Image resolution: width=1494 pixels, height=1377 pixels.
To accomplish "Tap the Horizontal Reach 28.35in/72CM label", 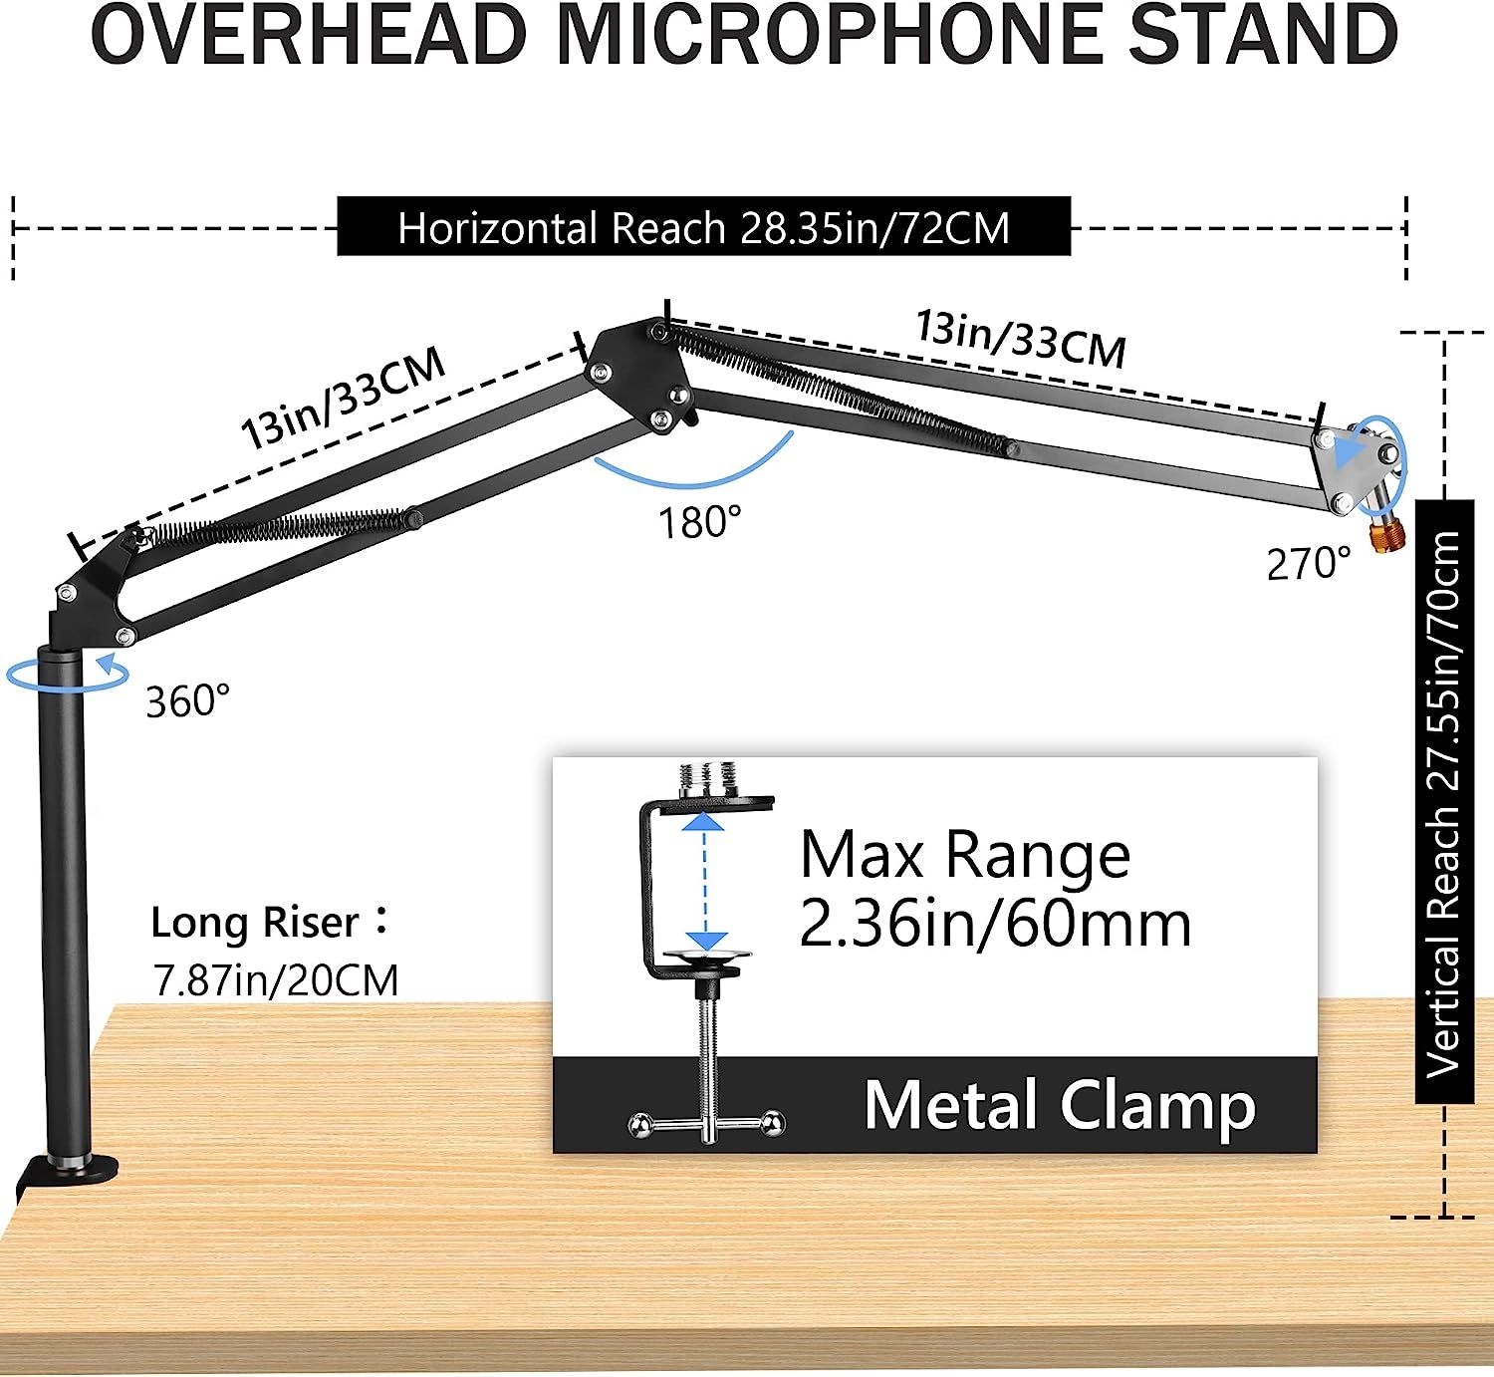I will (703, 228).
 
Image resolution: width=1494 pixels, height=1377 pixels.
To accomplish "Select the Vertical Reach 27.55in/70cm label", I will (1443, 803).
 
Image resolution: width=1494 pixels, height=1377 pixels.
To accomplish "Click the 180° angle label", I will (700, 521).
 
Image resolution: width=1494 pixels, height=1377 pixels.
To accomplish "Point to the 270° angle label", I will (1308, 564).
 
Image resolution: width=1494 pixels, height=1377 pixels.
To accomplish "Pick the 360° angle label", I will (187, 701).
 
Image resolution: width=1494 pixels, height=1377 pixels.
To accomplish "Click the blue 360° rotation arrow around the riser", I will (68, 674).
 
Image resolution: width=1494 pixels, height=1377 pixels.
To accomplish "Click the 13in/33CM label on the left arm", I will (343, 399).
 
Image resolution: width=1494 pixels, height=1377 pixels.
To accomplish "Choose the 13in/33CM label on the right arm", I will (1021, 339).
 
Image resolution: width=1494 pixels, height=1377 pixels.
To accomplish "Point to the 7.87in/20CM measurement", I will (276, 980).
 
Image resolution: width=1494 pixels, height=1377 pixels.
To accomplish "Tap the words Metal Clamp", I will (1059, 1105).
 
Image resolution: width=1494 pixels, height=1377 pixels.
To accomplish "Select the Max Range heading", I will (964, 855).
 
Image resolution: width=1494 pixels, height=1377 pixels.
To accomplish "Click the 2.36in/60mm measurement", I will (994, 925).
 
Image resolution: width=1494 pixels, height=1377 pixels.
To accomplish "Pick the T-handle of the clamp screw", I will (706, 1124).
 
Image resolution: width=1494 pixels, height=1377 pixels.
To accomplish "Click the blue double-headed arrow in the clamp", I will (705, 882).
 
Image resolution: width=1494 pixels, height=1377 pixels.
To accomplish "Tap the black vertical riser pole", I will (64, 897).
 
